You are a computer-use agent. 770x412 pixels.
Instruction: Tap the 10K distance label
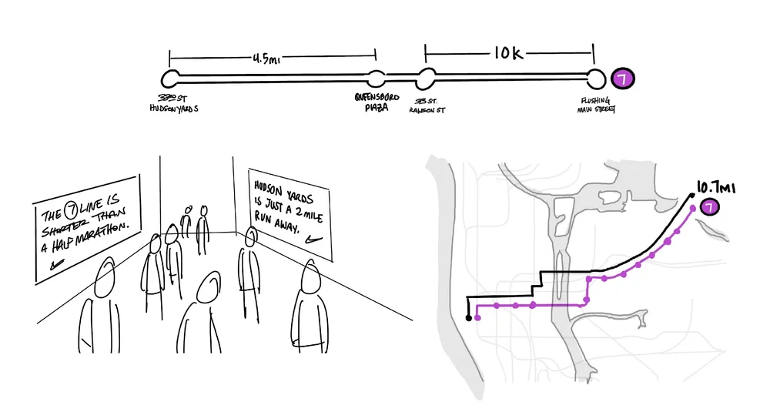pyautogui.click(x=509, y=54)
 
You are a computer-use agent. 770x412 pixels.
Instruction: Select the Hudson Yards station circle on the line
pyautogui.click(x=170, y=79)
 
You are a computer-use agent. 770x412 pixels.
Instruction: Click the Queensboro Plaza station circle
pyautogui.click(x=376, y=79)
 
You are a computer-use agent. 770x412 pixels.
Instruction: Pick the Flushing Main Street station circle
pyautogui.click(x=595, y=79)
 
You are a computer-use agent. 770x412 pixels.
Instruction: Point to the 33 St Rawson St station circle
pyautogui.click(x=426, y=79)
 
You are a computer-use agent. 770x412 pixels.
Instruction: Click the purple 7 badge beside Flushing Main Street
pyautogui.click(x=621, y=79)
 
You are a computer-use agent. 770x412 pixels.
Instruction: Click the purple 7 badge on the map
pyautogui.click(x=708, y=206)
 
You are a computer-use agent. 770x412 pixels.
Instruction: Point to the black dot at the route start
pyautogui.click(x=468, y=317)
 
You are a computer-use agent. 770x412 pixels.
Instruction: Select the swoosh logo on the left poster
pyautogui.click(x=55, y=264)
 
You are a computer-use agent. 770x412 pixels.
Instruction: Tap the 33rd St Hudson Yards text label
pyautogui.click(x=173, y=104)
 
